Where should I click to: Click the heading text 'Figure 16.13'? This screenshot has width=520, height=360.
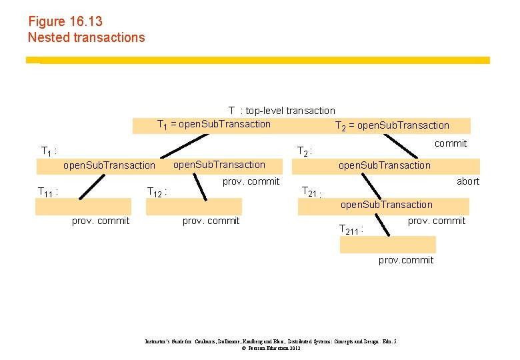pos(65,22)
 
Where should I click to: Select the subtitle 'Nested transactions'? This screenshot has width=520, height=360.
pos(86,37)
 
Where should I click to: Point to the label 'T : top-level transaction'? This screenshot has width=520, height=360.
pos(281,111)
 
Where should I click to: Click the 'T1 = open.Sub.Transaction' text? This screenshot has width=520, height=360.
pos(213,124)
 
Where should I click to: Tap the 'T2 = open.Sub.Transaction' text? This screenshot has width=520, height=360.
pos(392,125)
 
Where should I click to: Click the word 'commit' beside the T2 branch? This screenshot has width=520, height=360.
pos(451,143)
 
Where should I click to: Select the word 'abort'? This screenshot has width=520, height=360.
pos(467,181)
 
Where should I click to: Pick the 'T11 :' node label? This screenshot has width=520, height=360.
pos(47,192)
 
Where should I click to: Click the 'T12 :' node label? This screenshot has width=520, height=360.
pos(156,192)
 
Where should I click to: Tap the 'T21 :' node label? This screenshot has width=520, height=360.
pos(311,193)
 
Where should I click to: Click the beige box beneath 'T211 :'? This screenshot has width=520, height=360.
pos(378,245)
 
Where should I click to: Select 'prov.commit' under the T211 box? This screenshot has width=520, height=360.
pos(405,260)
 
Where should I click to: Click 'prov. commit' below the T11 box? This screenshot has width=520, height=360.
pos(101,221)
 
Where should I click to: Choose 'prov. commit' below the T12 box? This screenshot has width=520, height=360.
pos(211,221)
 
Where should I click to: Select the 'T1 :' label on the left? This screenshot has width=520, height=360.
pos(49,151)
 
